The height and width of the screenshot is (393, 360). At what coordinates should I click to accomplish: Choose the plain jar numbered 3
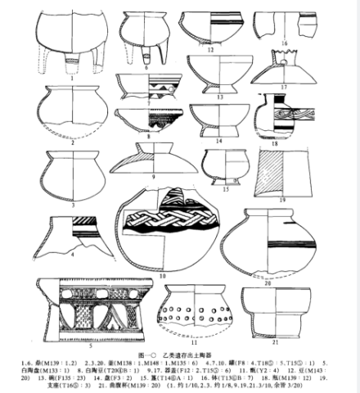coord(74,169)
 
